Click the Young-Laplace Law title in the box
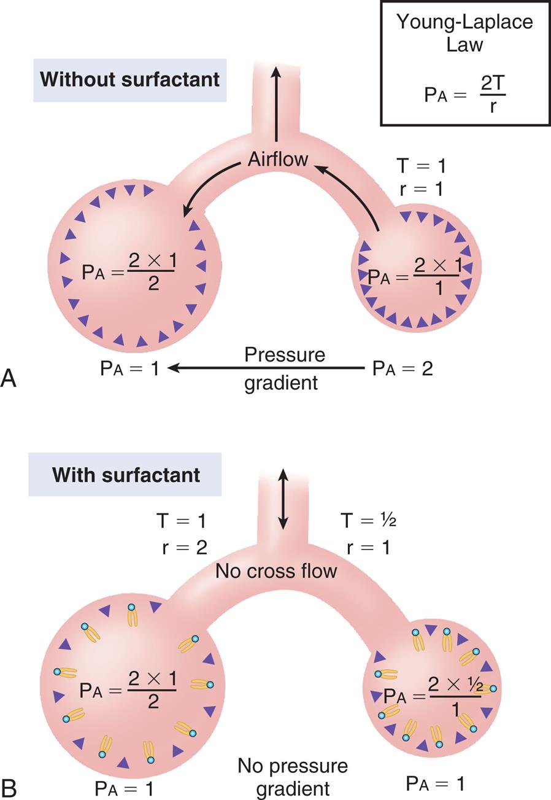pyautogui.click(x=464, y=33)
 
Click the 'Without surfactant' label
pyautogui.click(x=129, y=80)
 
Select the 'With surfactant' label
pyautogui.click(x=126, y=475)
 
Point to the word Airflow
pyautogui.click(x=278, y=159)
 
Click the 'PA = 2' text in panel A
pyautogui.click(x=403, y=368)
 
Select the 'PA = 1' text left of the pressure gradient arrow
pyautogui.click(x=129, y=368)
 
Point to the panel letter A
pyautogui.click(x=9, y=378)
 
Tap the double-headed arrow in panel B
pyautogui.click(x=282, y=499)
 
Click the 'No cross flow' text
pyautogui.click(x=276, y=571)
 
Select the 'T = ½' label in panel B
pyautogui.click(x=368, y=521)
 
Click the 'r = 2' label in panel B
pyautogui.click(x=184, y=547)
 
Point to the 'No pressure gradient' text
pyautogui.click(x=293, y=777)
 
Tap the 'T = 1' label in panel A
pyautogui.click(x=421, y=165)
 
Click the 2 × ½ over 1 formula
pyautogui.click(x=455, y=696)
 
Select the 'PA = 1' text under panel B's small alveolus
pyautogui.click(x=435, y=783)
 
